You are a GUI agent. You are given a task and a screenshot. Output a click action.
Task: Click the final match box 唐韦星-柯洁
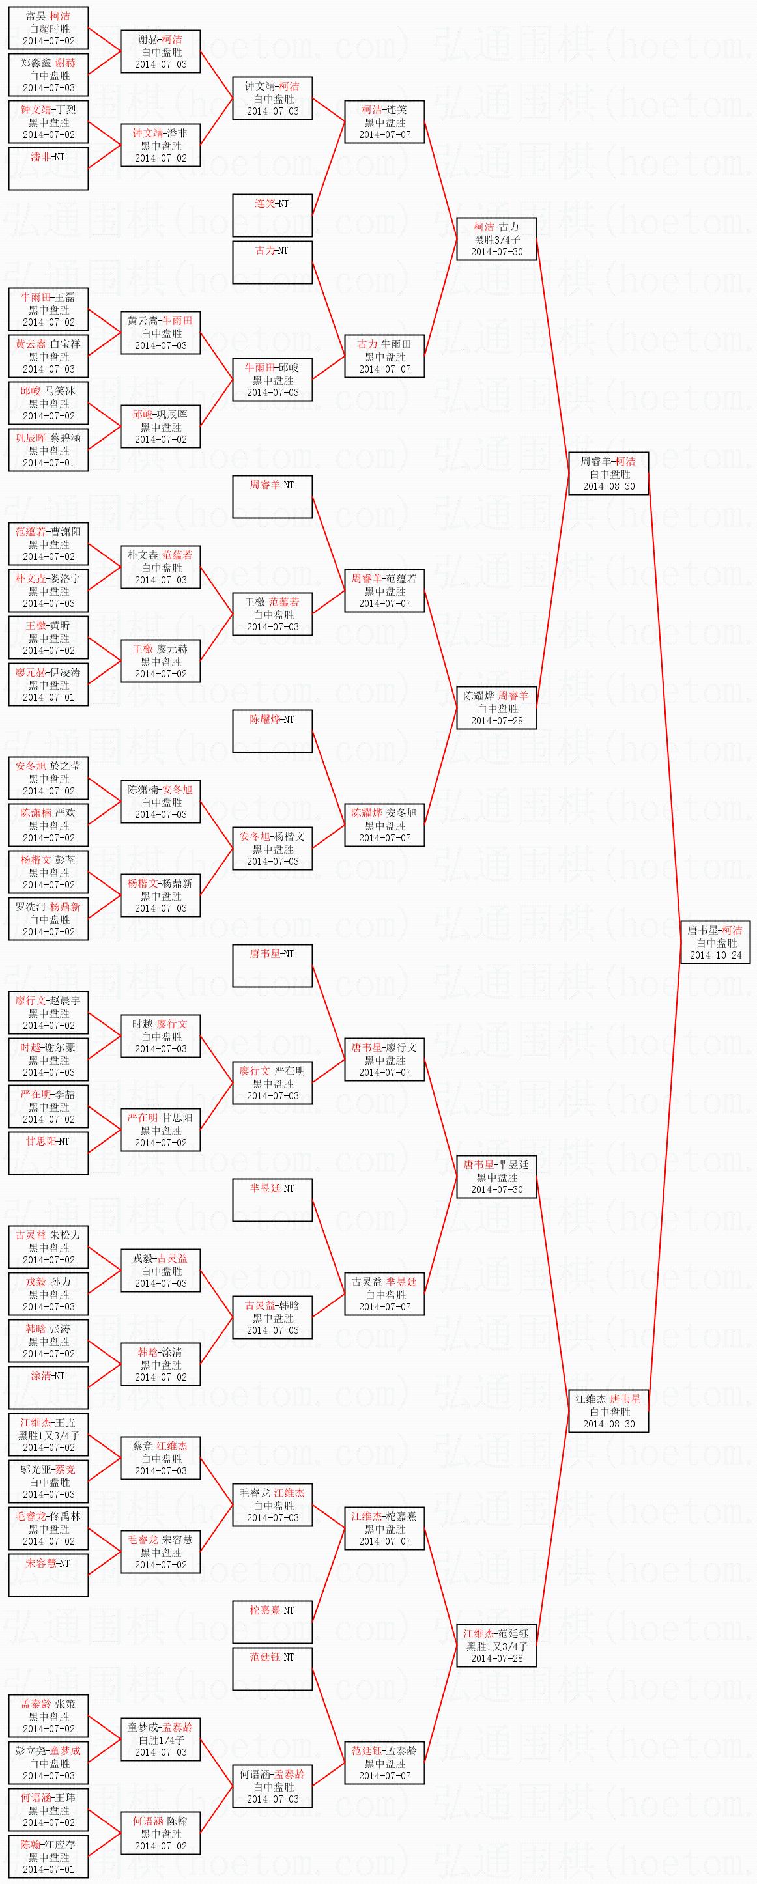(715, 943)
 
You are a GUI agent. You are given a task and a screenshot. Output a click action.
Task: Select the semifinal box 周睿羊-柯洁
(608, 474)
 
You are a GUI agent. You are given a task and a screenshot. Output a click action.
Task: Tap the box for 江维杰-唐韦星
(608, 1411)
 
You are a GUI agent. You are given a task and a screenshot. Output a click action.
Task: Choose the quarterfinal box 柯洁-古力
(496, 239)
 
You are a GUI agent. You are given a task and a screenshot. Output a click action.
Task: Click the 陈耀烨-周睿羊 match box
(496, 708)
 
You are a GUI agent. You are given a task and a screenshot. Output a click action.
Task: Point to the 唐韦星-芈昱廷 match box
(496, 1177)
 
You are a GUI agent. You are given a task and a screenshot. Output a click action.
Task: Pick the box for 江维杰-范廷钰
(496, 1646)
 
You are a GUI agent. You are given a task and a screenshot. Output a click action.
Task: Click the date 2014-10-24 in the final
(715, 955)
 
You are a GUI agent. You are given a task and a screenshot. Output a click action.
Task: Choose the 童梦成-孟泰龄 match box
(160, 1739)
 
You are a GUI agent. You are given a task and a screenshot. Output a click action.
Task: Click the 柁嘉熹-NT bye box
(272, 1622)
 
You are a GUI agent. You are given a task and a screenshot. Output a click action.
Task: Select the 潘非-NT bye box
(48, 168)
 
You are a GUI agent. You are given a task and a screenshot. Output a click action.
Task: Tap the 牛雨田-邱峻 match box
(272, 380)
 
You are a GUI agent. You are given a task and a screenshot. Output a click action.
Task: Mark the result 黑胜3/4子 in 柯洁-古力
(496, 239)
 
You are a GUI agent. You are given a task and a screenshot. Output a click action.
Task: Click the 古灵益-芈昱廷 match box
(384, 1294)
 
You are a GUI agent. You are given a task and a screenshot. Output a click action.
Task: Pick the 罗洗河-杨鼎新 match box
(48, 920)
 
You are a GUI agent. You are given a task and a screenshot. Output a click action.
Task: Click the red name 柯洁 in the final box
(732, 931)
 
